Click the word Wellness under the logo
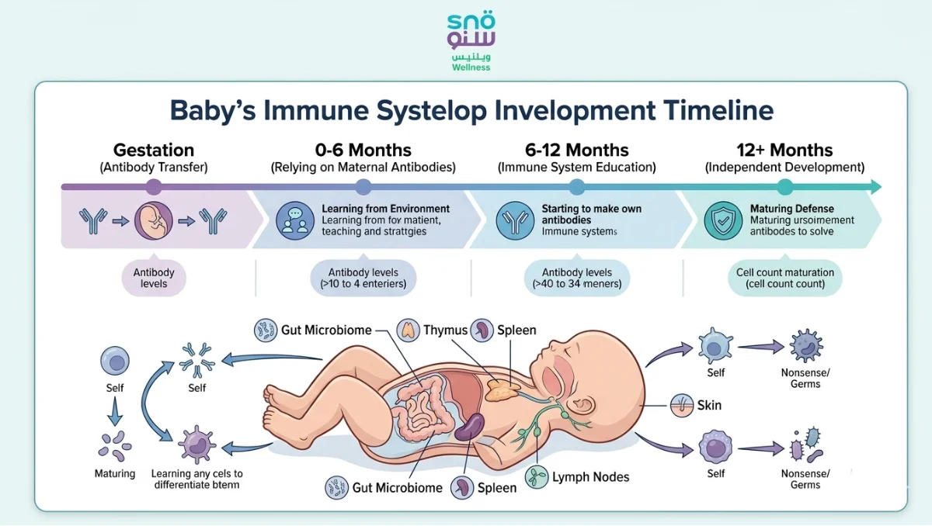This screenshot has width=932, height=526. [x=471, y=67]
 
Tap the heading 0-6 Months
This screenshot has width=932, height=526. [x=363, y=150]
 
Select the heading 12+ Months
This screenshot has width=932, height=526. [x=784, y=150]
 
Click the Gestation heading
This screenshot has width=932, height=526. [x=154, y=150]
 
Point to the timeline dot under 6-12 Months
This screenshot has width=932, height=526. [x=576, y=186]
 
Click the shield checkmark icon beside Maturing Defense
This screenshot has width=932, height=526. [x=722, y=220]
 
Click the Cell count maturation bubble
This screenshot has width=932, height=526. [x=784, y=278]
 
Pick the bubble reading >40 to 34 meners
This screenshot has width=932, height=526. [x=576, y=278]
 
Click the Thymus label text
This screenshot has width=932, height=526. [x=445, y=330]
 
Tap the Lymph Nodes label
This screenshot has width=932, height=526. [x=590, y=477]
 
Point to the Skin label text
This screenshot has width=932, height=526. [x=709, y=405]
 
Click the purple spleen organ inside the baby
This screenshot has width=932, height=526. [x=468, y=427]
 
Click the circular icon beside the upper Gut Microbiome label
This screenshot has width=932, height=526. [x=266, y=330]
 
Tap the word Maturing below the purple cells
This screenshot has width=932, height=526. [x=115, y=473]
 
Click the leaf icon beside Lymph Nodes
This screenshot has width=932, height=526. [x=536, y=477]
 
